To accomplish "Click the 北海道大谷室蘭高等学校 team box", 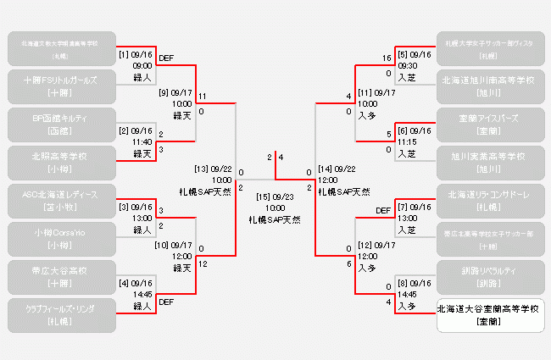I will coord(490,315).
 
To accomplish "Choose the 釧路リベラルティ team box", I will coord(490,276).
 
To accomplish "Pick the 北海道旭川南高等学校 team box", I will coord(490,86).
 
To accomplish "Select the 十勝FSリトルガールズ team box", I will coord(60,86).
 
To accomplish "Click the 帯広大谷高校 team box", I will coord(60,276).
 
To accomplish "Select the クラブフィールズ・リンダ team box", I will coord(60,314).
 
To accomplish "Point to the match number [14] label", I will coord(326,169).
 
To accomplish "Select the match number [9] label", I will coord(163,93).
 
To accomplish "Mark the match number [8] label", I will coord(404,283).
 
